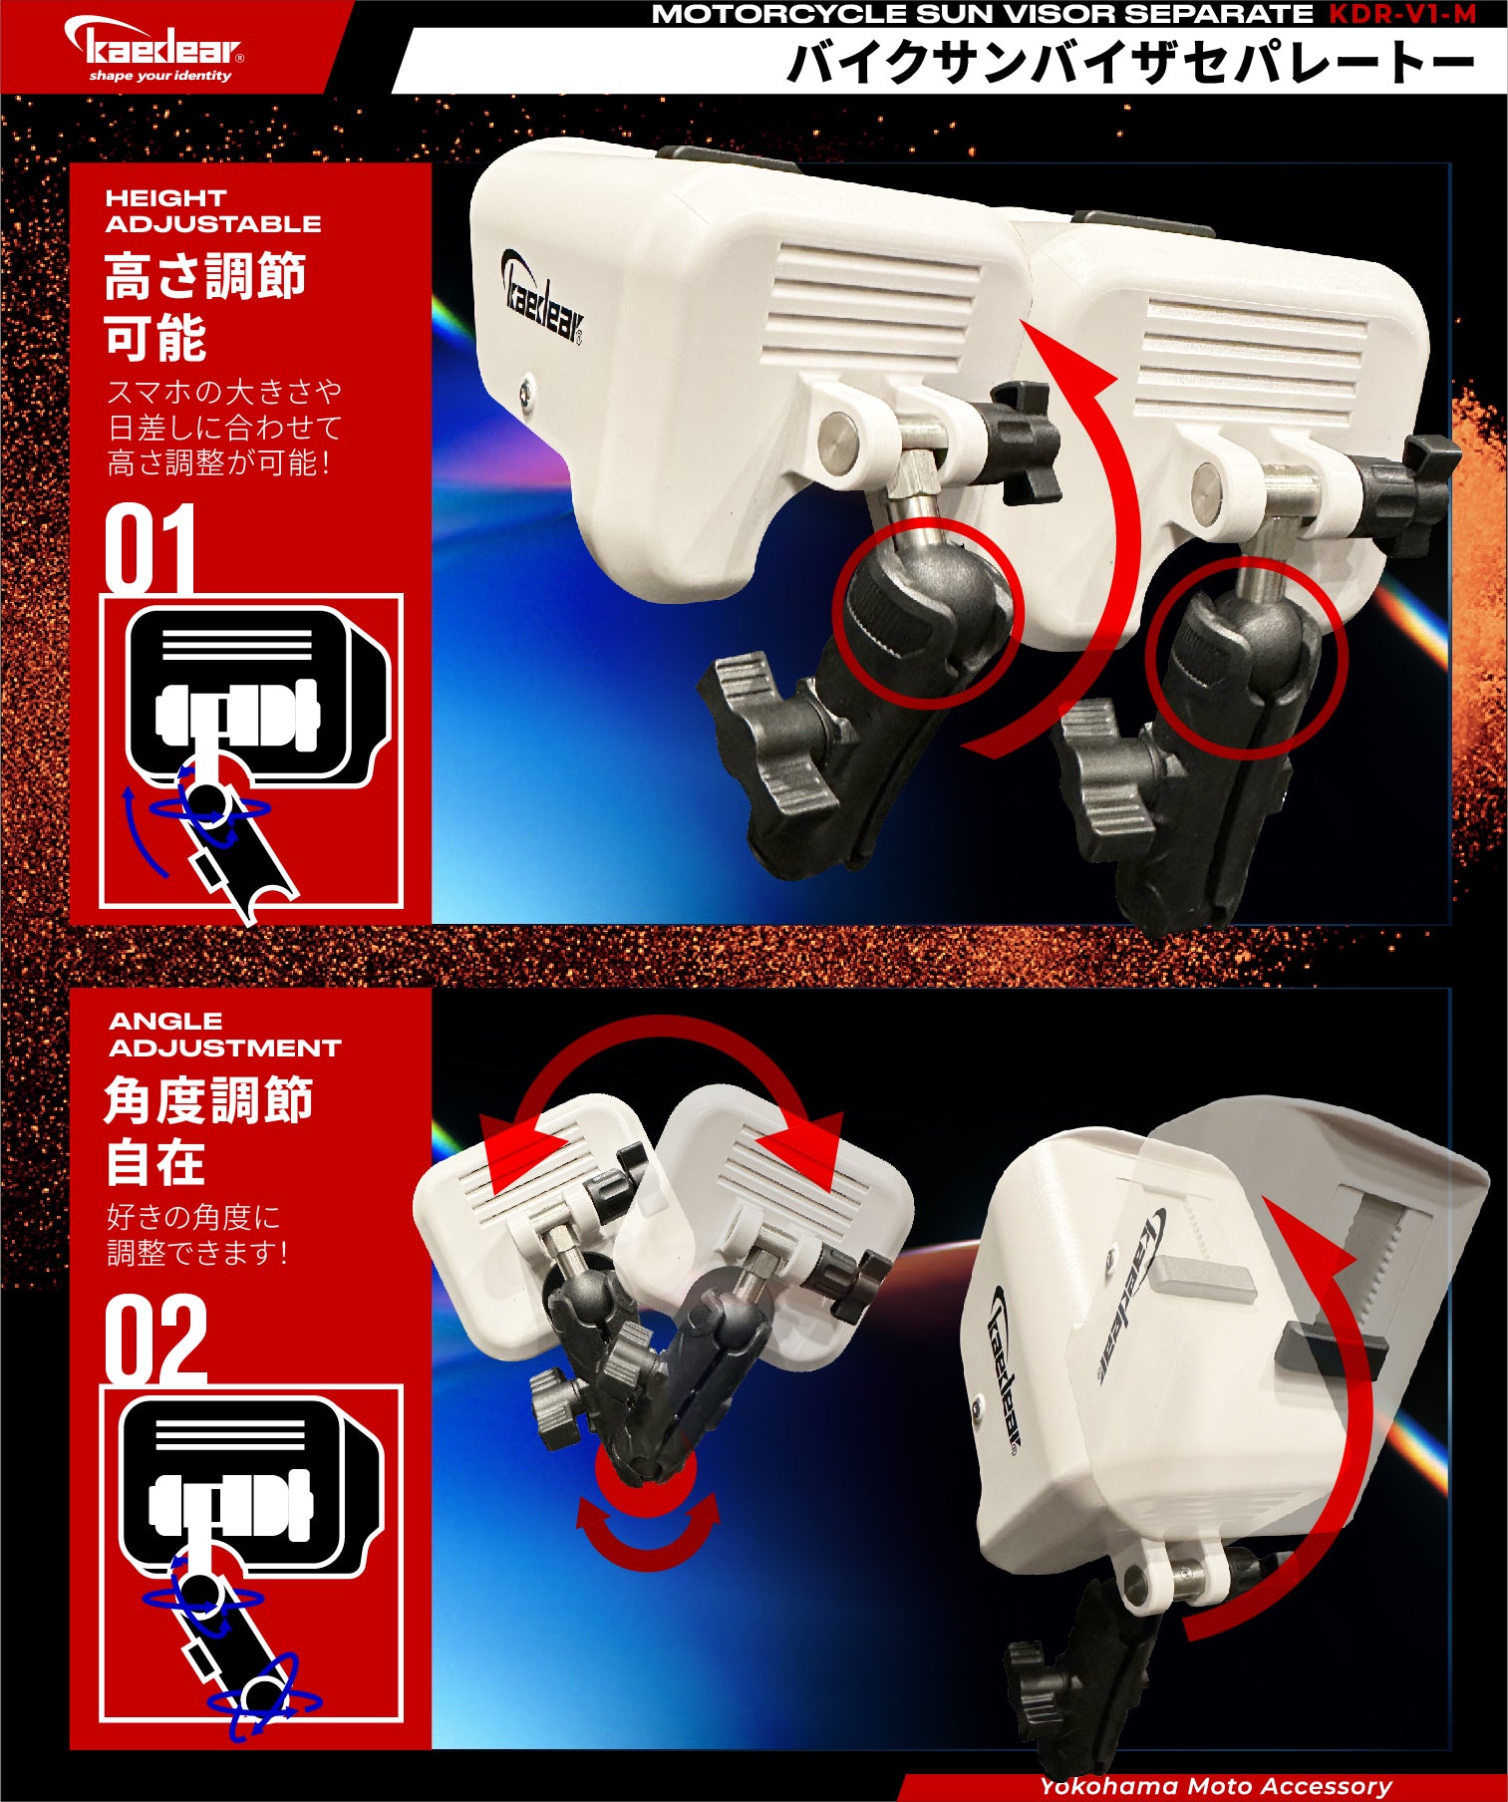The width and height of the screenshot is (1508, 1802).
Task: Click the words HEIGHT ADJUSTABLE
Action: pyautogui.click(x=212, y=211)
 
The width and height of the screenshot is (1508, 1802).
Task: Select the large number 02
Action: pyautogui.click(x=155, y=1339)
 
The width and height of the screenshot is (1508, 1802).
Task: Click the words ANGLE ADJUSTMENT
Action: pyautogui.click(x=224, y=1035)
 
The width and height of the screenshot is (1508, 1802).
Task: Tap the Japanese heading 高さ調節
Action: pyautogui.click(x=204, y=277)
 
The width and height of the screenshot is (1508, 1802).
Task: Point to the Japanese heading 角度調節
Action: pyautogui.click(x=208, y=1101)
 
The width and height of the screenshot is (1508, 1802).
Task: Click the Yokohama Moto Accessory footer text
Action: pyautogui.click(x=1215, y=1786)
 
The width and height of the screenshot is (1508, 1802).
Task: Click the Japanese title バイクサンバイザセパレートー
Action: pyautogui.click(x=1129, y=63)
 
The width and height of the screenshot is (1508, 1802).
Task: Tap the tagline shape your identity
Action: pyautogui.click(x=159, y=76)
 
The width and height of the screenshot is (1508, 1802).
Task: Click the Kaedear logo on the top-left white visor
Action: pyautogui.click(x=541, y=298)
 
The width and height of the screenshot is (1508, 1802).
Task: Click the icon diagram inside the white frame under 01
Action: pyautogui.click(x=251, y=751)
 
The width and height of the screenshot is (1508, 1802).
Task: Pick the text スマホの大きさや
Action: pyautogui.click(x=224, y=391)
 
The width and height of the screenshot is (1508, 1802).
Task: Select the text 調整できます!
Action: pyautogui.click(x=197, y=1253)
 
